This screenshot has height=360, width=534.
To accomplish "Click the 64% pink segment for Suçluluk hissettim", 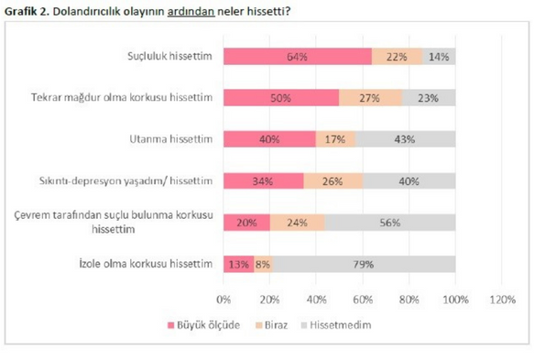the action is [298, 57].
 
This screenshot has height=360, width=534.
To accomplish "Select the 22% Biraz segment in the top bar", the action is [398, 57].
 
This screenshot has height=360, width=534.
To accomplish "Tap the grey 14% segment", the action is [439, 57].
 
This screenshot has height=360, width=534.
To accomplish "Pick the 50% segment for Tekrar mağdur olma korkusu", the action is [281, 98].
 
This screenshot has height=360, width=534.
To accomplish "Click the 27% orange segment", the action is [371, 98].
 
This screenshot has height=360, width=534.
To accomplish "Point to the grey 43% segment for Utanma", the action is [406, 139].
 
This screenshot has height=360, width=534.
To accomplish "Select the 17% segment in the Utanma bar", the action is [336, 139].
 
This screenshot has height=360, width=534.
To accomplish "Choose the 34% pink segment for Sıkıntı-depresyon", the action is [264, 180].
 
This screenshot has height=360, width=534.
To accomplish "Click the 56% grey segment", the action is [390, 223].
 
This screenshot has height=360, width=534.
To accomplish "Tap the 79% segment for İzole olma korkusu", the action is [364, 264].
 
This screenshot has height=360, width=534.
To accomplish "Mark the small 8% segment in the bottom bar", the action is [263, 264].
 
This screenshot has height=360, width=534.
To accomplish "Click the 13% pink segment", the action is [239, 264].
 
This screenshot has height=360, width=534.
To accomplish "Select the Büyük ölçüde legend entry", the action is [203, 325].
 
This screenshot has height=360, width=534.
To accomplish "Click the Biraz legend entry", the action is [272, 325].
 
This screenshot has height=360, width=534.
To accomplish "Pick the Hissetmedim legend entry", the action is [336, 325].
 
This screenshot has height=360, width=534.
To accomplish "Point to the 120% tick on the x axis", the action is [502, 300].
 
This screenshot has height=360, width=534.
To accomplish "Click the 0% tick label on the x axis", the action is [223, 300].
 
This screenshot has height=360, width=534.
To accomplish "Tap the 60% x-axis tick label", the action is [363, 300].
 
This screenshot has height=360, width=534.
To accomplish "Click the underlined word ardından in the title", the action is [191, 11].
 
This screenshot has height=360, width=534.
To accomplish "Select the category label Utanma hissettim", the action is [171, 139].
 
